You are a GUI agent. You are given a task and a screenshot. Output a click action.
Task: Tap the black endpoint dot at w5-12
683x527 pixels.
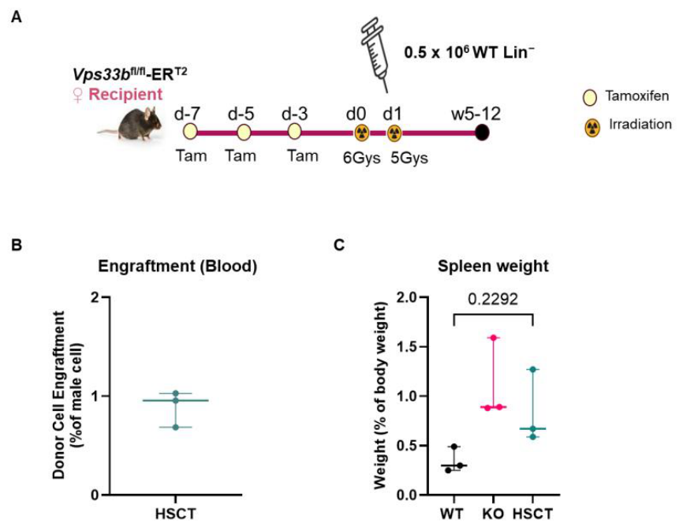point(482,132)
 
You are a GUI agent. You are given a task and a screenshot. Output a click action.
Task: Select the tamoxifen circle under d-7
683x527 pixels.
point(190,132)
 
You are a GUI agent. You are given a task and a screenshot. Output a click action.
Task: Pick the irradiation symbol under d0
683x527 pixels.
point(362,133)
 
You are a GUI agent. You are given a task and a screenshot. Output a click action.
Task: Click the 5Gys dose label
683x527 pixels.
point(409,158)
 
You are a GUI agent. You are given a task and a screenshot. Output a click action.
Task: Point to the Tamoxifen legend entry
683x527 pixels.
point(626,97)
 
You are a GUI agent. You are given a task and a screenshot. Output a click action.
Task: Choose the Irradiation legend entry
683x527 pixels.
point(628,126)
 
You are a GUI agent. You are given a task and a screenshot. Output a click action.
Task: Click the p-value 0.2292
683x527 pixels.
point(493,299)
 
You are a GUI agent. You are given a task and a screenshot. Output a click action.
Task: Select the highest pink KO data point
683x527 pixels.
point(494,338)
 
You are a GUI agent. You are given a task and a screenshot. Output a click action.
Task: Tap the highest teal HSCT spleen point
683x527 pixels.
point(532,370)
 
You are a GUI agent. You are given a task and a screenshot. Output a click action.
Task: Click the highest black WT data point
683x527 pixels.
point(454,447)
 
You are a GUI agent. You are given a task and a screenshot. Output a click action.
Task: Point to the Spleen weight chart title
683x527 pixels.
point(493,266)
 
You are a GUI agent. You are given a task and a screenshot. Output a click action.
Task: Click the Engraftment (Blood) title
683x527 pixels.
point(177,266)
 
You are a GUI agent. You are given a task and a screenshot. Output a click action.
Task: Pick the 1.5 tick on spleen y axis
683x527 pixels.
point(408,346)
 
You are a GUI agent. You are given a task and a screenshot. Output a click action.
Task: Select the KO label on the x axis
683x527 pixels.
point(493,514)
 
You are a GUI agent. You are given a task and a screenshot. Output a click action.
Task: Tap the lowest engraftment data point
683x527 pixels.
point(176,427)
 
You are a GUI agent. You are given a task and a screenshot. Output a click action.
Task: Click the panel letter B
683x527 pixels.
point(17,245)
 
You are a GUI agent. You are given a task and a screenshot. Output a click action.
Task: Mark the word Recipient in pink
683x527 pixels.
point(125,94)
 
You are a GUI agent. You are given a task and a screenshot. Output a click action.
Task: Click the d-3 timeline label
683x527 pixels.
point(295,114)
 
